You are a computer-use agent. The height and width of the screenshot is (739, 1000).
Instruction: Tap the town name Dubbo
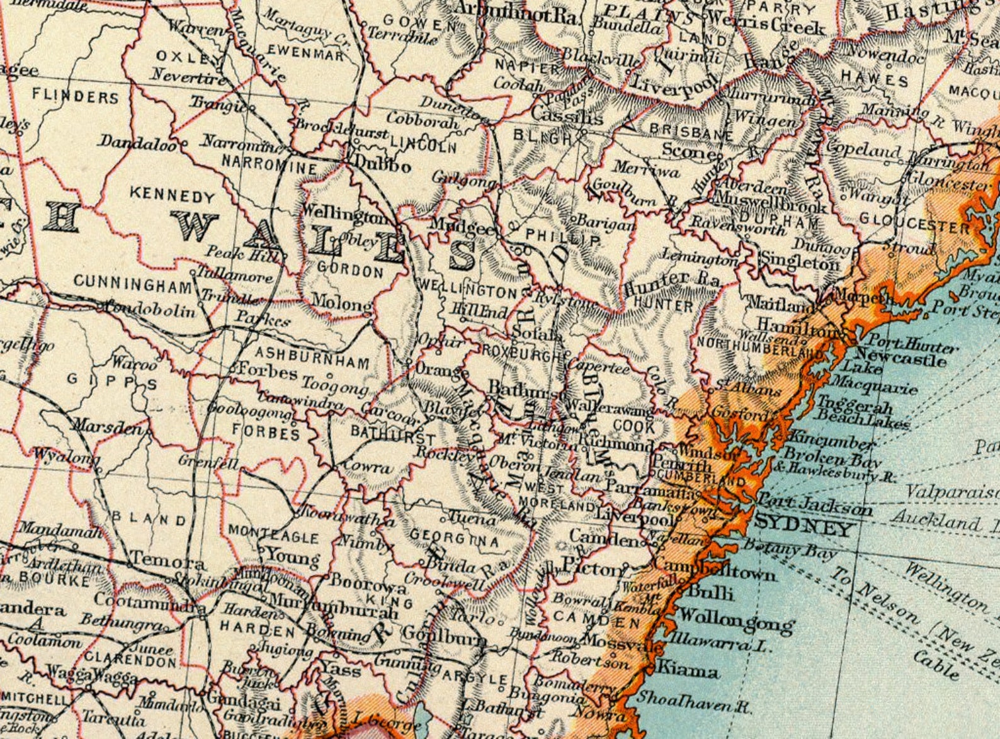[383, 166]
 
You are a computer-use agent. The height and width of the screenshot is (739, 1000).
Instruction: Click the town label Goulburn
[444, 635]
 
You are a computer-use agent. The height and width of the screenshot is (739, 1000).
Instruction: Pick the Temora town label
[167, 562]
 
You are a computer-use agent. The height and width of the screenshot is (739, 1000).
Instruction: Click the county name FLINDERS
[76, 98]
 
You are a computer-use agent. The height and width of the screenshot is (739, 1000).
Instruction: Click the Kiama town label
[688, 670]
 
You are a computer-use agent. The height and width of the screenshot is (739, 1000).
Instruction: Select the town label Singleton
[800, 261]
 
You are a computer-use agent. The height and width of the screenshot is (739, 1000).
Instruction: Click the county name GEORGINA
[454, 539]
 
